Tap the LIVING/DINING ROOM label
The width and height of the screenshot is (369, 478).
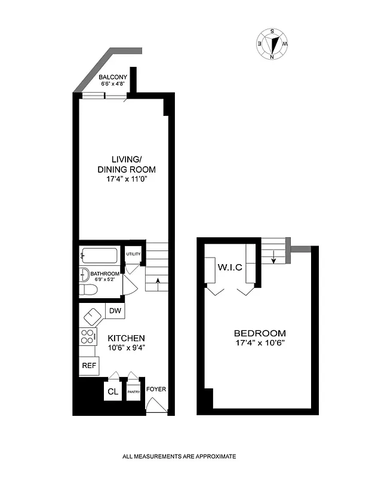[x=126, y=164]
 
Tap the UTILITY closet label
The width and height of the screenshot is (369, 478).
[x=133, y=254]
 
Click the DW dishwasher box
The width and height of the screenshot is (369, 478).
[x=115, y=311]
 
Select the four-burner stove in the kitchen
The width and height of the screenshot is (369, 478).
[x=87, y=336]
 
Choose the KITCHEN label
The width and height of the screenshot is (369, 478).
[x=126, y=338]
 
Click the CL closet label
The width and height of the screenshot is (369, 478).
[x=112, y=392]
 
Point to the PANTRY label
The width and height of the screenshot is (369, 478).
[x=133, y=393]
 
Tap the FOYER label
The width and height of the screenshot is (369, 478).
[x=156, y=390]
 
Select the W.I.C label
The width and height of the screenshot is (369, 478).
[x=230, y=267]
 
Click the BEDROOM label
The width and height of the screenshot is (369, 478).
[x=259, y=333]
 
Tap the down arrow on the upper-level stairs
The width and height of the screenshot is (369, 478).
[x=273, y=258]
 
